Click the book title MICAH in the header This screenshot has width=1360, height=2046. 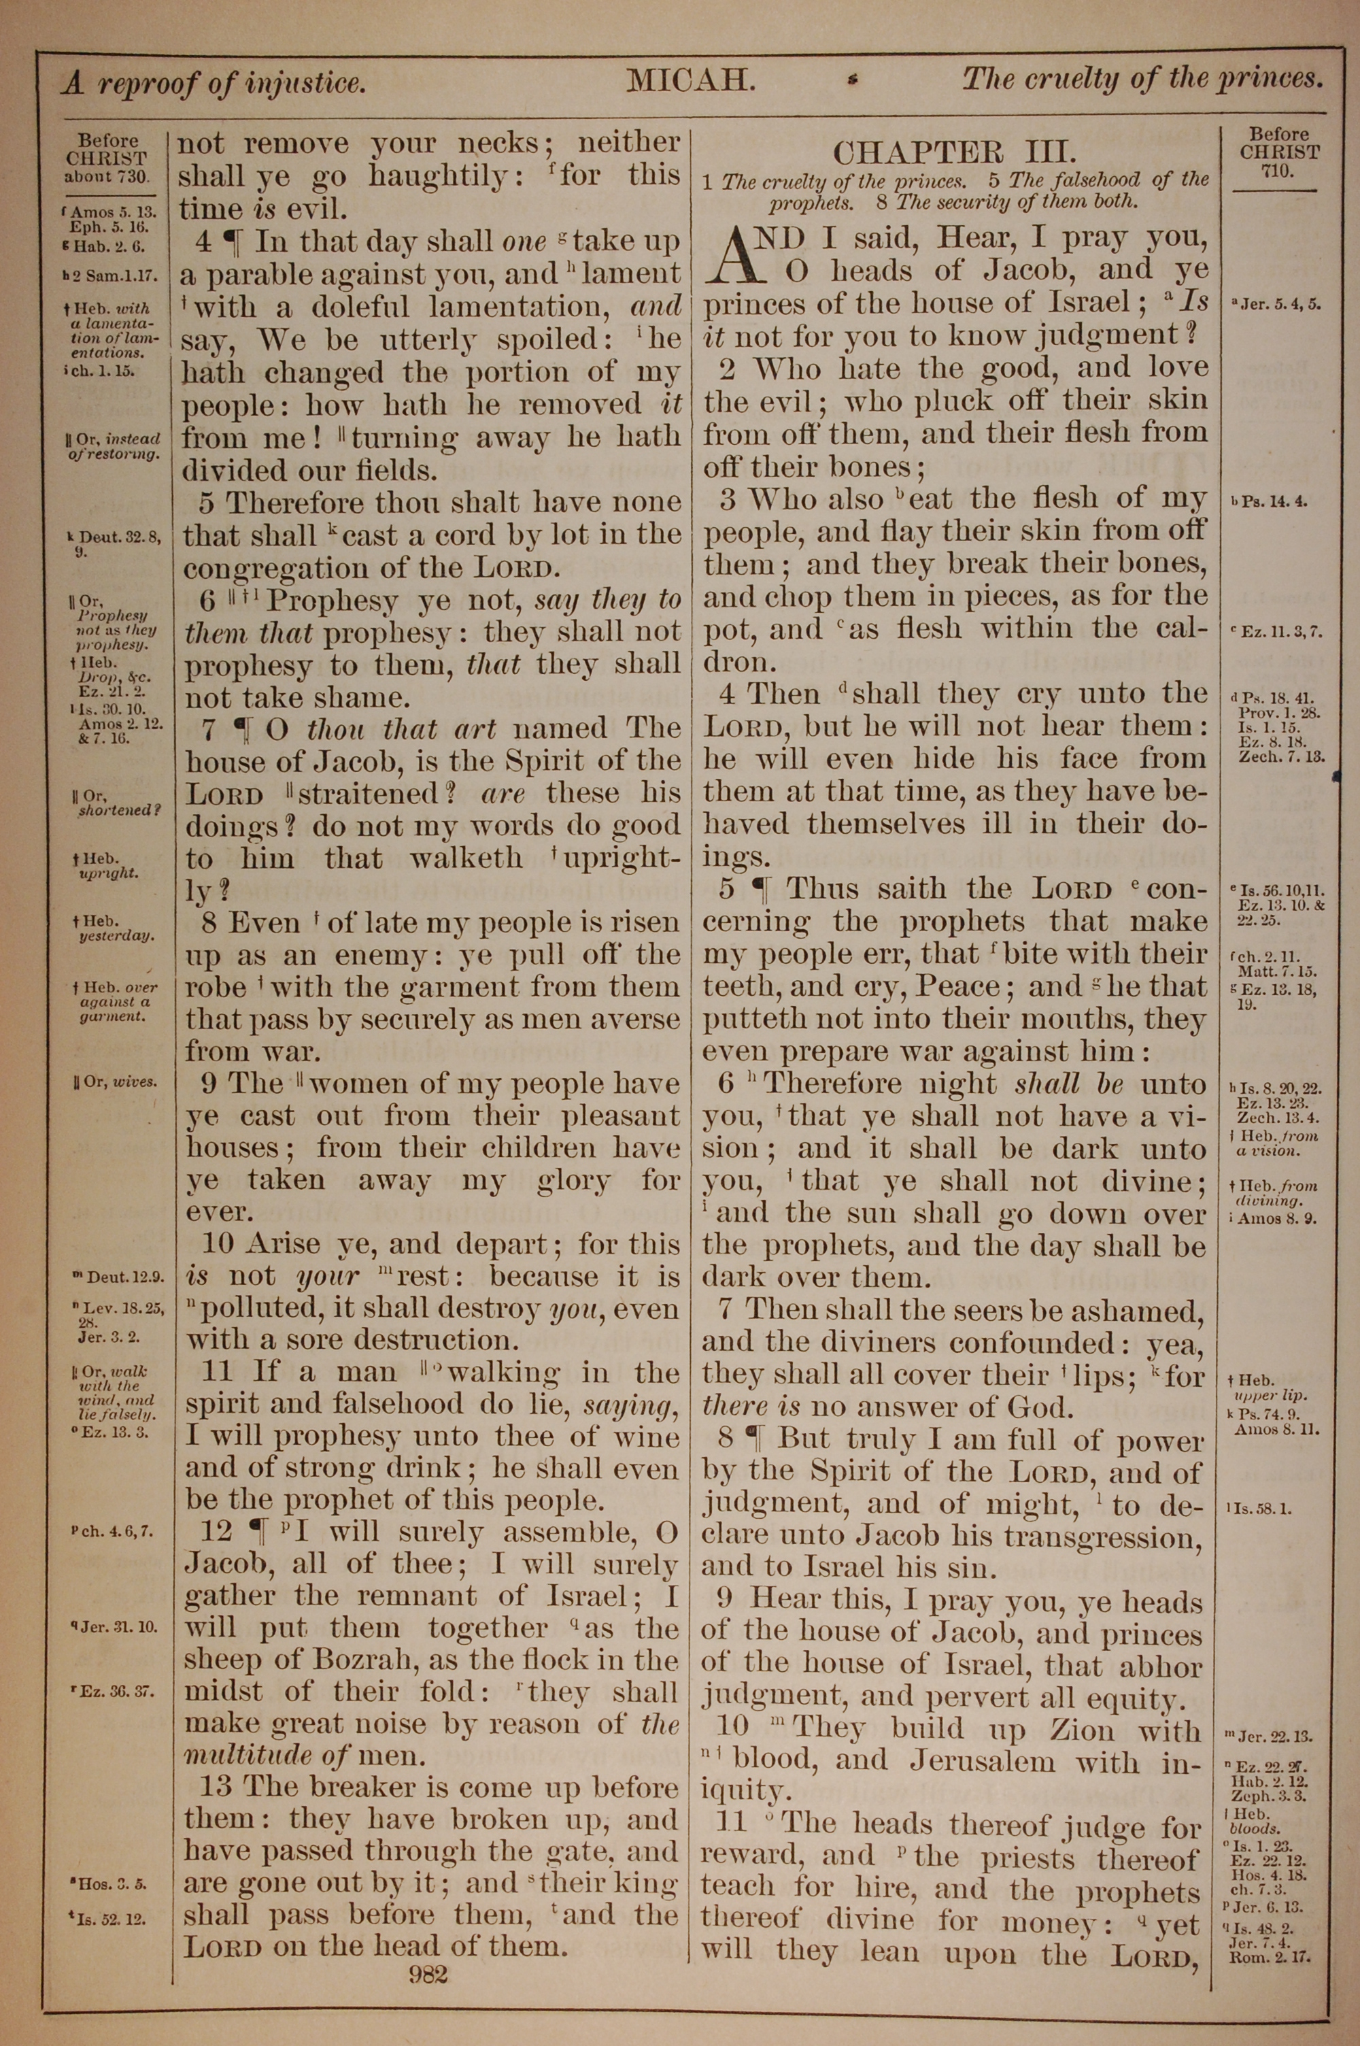(692, 82)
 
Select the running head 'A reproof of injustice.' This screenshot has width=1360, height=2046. (214, 84)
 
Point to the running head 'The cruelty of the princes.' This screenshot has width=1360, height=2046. (1142, 80)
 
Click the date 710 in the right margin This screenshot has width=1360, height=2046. (1278, 171)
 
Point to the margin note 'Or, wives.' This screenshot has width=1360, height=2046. (116, 1082)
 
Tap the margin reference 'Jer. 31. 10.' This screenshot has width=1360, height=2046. (118, 1627)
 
